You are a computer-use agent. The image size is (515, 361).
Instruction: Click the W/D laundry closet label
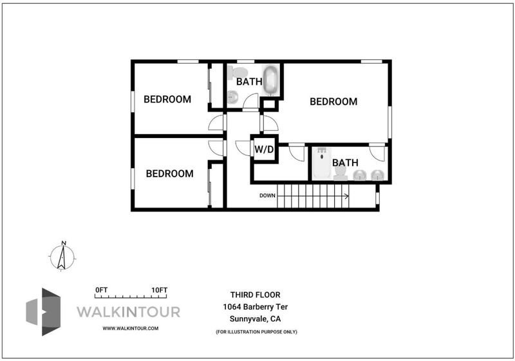[264, 150]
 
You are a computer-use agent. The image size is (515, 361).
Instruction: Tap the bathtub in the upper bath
[270, 81]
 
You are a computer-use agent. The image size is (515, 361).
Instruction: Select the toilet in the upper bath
[238, 73]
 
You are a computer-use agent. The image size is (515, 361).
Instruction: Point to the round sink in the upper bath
[233, 97]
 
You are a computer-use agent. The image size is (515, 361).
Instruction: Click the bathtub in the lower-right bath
[322, 163]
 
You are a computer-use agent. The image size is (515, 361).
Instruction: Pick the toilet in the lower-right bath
[341, 173]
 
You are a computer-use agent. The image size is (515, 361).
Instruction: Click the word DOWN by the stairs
[267, 195]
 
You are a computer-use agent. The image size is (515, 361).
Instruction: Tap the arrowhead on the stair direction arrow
[346, 196]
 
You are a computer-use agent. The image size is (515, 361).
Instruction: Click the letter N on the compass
[64, 243]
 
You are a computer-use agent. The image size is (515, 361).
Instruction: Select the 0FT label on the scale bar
[102, 290]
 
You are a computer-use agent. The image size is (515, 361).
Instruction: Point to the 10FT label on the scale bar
[159, 290]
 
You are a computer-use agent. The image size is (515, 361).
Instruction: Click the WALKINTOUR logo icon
[43, 311]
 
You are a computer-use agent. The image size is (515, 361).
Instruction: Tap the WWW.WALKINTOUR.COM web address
[131, 328]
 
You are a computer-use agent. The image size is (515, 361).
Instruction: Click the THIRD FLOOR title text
[255, 295]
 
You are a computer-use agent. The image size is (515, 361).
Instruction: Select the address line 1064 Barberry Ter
[255, 307]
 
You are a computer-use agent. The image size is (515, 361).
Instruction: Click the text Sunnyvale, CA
[255, 318]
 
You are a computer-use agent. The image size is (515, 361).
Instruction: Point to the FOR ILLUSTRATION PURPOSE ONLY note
[256, 332]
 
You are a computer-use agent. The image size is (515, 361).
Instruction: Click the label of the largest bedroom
[333, 102]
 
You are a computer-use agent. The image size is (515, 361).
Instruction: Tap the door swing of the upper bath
[251, 101]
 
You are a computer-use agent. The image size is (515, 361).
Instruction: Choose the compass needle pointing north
[62, 257]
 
